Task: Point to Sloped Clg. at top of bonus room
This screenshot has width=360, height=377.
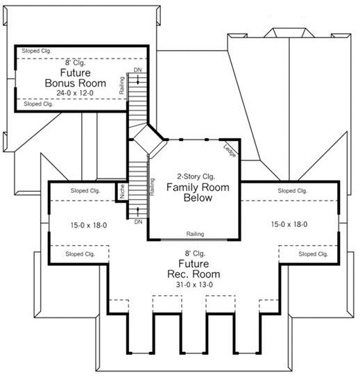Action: coord(37,51)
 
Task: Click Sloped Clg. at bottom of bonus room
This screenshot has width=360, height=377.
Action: coord(37,104)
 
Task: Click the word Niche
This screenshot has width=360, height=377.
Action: coord(122,192)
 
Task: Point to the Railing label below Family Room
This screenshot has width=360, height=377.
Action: coord(195,234)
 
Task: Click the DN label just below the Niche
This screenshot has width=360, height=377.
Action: coord(138,221)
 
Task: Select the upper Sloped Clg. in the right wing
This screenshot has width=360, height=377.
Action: coord(293,190)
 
